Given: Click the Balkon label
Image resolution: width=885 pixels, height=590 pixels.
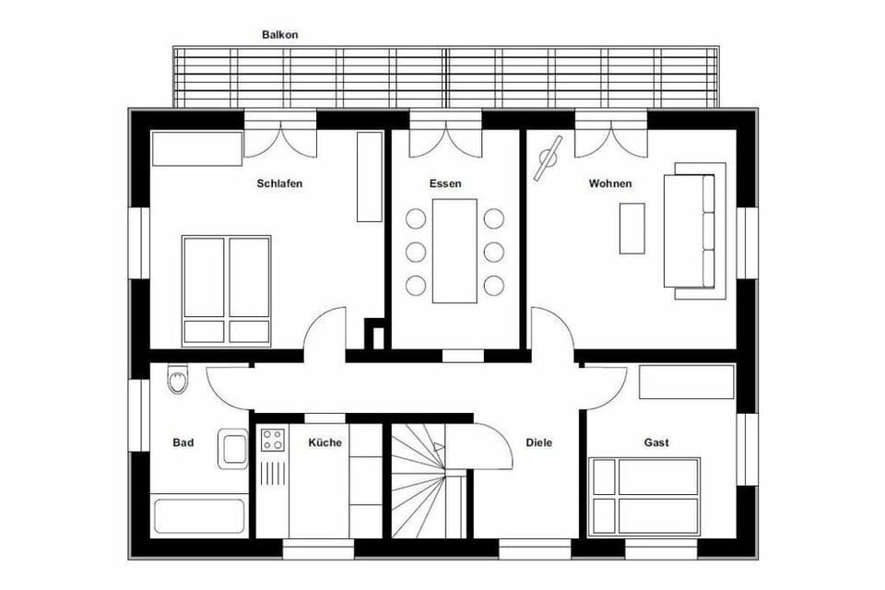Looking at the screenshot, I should [280, 34].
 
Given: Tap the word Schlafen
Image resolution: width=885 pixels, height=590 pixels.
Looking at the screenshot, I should [279, 183].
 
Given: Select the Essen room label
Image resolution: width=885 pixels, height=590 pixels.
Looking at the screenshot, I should [445, 183].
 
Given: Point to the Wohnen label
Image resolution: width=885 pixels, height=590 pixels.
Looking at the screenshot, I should [610, 183].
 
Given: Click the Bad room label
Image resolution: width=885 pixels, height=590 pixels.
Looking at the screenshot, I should [183, 442].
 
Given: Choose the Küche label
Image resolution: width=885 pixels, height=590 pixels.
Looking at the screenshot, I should [324, 442].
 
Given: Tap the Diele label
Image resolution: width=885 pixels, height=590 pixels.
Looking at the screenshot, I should [539, 442].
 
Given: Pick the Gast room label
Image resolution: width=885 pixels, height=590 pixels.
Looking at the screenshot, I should [656, 442].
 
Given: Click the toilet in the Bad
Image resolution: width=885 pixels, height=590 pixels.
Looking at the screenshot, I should [177, 379].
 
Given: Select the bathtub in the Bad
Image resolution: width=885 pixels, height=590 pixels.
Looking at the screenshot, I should [200, 515].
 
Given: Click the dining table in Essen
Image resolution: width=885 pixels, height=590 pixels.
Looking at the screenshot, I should [454, 251].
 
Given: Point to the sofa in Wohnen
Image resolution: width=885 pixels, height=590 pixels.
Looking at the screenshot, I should [700, 230].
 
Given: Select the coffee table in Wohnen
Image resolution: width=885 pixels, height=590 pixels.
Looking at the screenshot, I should [631, 227].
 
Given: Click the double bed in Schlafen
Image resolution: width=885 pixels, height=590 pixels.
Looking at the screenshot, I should [226, 289].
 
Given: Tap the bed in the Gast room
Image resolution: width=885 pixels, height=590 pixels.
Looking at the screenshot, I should [645, 496].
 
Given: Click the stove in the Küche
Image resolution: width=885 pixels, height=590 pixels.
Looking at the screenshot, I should [272, 441].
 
